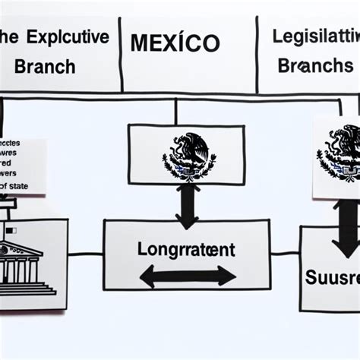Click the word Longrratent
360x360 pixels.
186,248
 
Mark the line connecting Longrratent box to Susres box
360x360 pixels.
285,255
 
